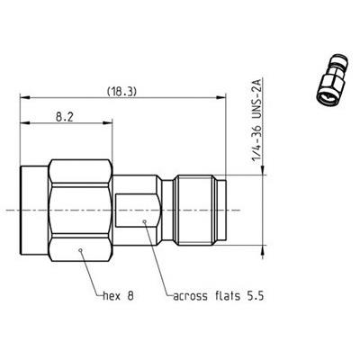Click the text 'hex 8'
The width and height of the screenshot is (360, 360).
coord(117,294)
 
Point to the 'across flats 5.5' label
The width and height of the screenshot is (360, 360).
coord(215,294)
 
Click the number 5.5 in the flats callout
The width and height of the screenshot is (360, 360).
coord(256,294)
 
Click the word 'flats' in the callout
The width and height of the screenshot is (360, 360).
coord(225,294)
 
